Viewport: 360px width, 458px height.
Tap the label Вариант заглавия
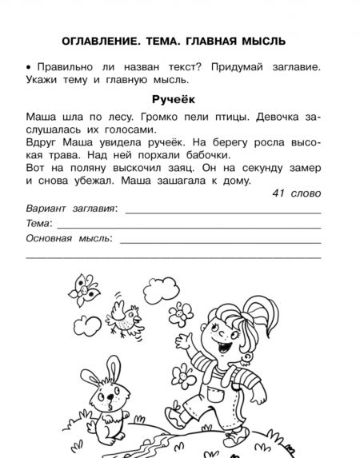click(x=70, y=209)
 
